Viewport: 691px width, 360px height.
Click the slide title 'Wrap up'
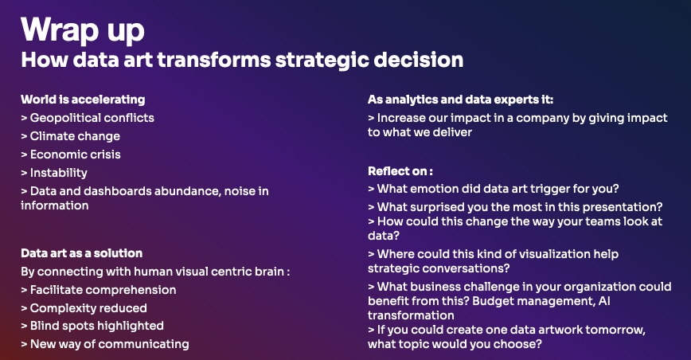83,31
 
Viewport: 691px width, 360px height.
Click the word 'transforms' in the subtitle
213,60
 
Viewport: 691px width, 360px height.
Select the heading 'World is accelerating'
83,100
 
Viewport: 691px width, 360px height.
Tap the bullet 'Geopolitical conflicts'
88,118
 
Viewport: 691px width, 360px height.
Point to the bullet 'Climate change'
71,136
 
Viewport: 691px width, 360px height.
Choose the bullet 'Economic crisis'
71,155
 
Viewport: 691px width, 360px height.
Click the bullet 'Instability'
54,173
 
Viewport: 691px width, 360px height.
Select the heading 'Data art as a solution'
81,253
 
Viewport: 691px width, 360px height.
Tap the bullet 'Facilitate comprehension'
98,290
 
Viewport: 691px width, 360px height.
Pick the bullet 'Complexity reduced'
84,308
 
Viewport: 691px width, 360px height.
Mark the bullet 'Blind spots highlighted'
92,326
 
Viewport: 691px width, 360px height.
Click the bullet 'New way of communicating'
105,344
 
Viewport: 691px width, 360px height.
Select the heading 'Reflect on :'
400,171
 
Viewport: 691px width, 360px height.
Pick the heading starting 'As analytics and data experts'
460,100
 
